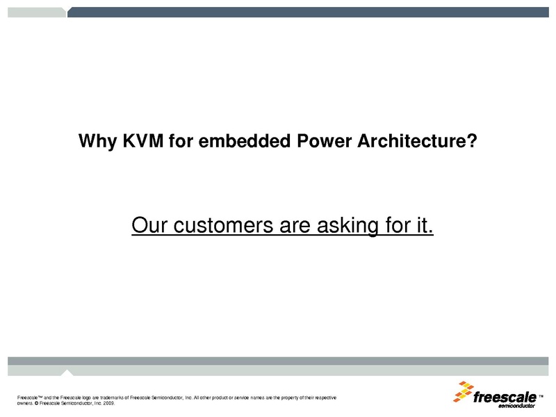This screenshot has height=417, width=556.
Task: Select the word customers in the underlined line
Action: [222, 226]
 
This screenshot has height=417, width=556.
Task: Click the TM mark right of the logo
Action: [541, 397]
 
